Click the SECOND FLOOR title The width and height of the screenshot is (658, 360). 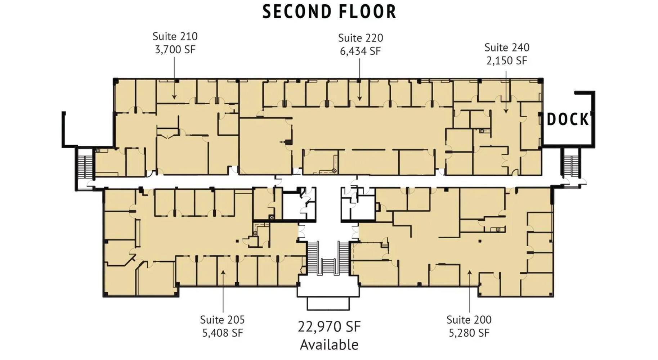point(329,12)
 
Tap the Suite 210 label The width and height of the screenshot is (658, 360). point(175,36)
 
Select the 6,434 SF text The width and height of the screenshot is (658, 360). point(360,51)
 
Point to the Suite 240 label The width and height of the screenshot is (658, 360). point(507,48)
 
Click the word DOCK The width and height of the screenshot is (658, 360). point(568,120)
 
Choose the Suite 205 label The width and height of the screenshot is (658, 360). point(222,320)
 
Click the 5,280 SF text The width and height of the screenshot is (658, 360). point(469,333)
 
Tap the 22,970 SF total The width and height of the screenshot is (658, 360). point(329,327)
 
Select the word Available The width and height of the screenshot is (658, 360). point(329,345)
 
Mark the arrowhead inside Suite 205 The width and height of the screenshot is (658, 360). point(223,273)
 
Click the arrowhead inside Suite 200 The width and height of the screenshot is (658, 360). point(470,273)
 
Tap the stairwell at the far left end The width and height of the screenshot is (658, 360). point(85,167)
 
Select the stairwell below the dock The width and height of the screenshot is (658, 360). point(571,166)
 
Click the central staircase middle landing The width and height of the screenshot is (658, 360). point(328,266)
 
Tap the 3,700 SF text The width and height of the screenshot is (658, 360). point(175,50)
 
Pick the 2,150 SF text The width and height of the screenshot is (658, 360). point(507,61)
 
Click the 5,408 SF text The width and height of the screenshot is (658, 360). point(222,333)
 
